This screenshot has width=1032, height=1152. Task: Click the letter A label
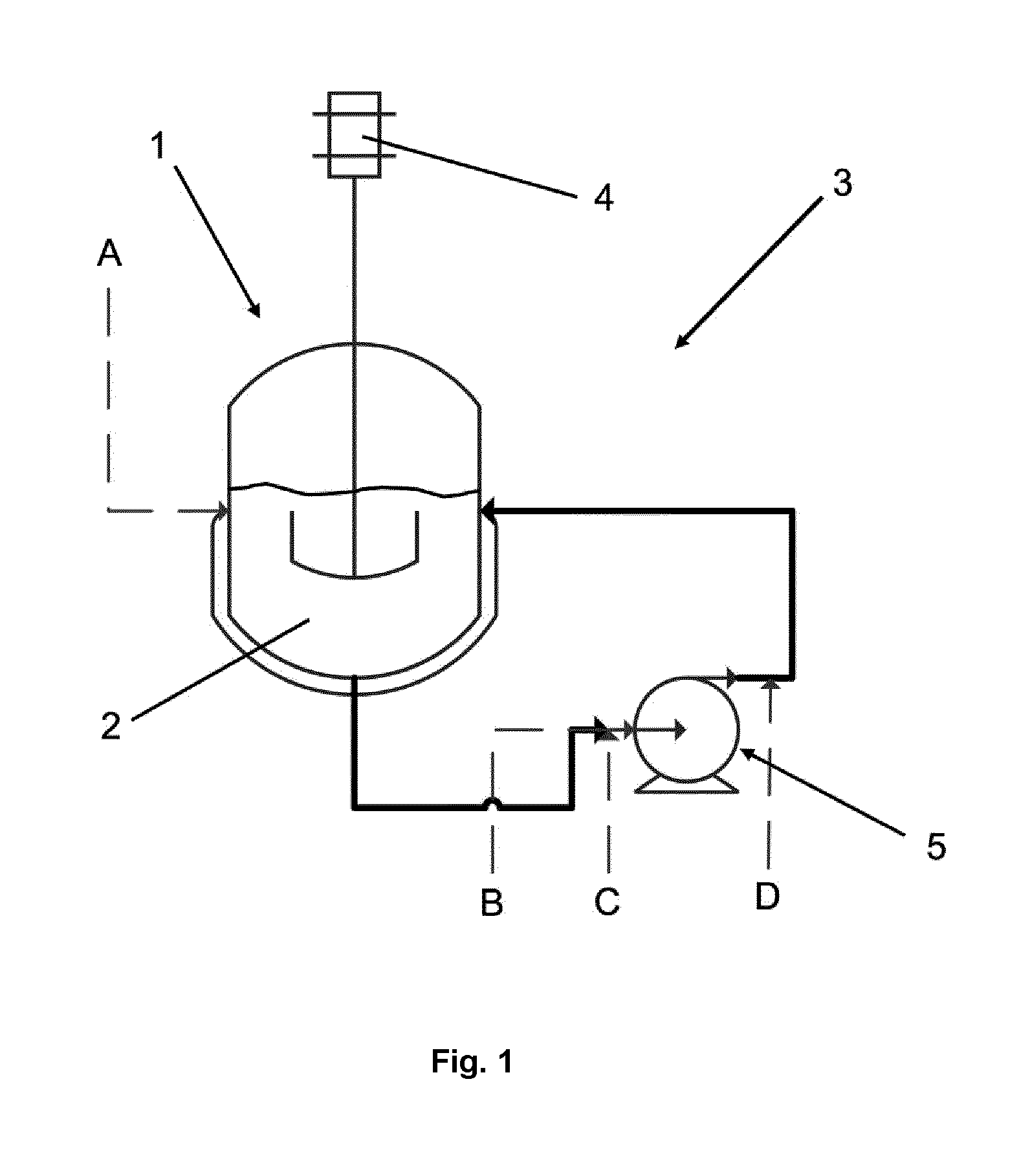point(110,254)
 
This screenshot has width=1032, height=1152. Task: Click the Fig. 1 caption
point(472,1061)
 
